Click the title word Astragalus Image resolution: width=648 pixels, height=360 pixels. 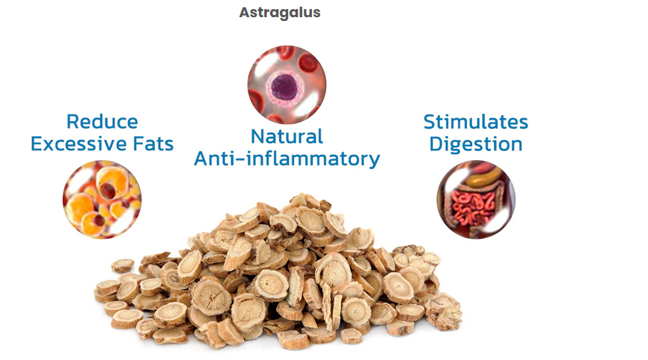pyautogui.click(x=280, y=13)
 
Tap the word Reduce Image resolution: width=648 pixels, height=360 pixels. pyautogui.click(x=102, y=121)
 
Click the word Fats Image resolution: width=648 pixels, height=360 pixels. pyautogui.click(x=153, y=144)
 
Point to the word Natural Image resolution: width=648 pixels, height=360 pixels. pyautogui.click(x=287, y=137)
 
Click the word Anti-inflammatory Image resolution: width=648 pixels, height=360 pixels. pyautogui.click(x=287, y=159)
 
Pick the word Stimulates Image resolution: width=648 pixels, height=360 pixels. pyautogui.click(x=476, y=122)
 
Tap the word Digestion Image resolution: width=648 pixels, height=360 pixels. pyautogui.click(x=476, y=144)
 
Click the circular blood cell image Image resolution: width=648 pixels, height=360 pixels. pyautogui.click(x=287, y=85)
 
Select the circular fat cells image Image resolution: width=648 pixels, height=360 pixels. pyautogui.click(x=102, y=199)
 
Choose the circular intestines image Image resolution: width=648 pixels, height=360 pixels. pyautogui.click(x=476, y=199)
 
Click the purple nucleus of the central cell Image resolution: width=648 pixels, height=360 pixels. pyautogui.click(x=285, y=88)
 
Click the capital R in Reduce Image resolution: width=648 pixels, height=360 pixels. pyautogui.click(x=73, y=121)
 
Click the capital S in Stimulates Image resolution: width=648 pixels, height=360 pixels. pyautogui.click(x=430, y=122)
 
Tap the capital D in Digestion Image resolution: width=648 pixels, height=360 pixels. pyautogui.click(x=436, y=144)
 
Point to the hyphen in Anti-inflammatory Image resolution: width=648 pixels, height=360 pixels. pyautogui.click(x=240, y=160)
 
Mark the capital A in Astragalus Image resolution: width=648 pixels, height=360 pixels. pyautogui.click(x=245, y=13)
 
